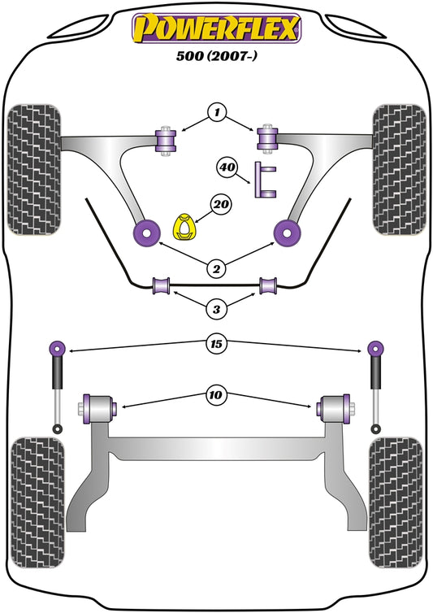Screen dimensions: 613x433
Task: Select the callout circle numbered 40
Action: click(x=227, y=168)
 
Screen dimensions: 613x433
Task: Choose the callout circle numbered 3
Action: click(x=217, y=309)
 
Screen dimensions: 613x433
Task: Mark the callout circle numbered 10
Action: click(x=217, y=396)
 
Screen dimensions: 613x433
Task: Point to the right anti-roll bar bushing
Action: click(x=269, y=285)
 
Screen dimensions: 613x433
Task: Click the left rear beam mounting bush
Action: click(x=100, y=405)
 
